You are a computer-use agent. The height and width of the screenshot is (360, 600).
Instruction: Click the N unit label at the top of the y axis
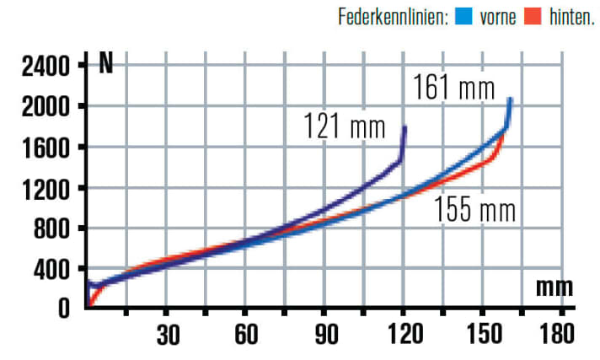pos(106,64)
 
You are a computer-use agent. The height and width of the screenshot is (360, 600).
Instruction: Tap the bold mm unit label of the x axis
pos(554,287)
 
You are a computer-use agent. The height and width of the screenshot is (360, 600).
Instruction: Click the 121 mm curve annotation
pos(344,127)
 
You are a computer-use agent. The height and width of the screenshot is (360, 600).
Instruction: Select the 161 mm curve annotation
pos(453,86)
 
